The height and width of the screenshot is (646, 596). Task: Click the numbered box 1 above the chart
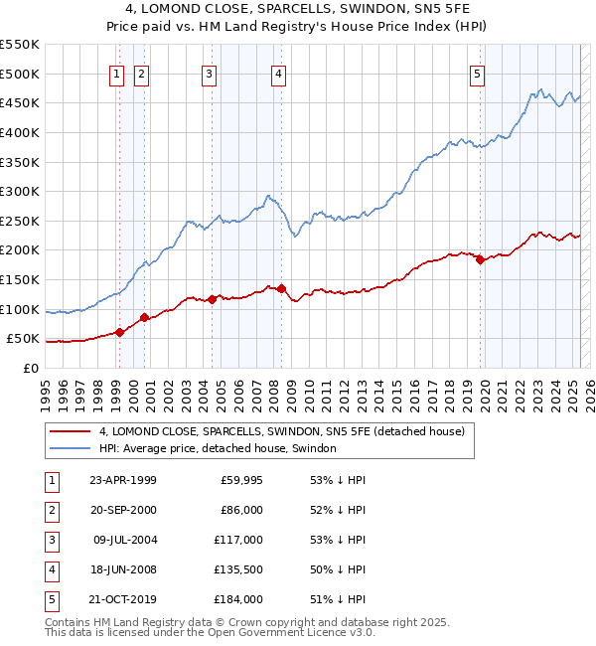(x=117, y=74)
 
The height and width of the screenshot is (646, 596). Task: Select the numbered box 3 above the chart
(x=209, y=74)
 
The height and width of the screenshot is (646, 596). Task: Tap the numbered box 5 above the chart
(x=478, y=74)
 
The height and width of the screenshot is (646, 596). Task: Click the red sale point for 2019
(x=480, y=260)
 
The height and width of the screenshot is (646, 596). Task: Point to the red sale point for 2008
(x=282, y=288)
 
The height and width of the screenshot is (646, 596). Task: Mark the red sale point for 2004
(x=213, y=299)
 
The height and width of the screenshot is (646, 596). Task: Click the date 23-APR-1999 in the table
(x=123, y=480)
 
